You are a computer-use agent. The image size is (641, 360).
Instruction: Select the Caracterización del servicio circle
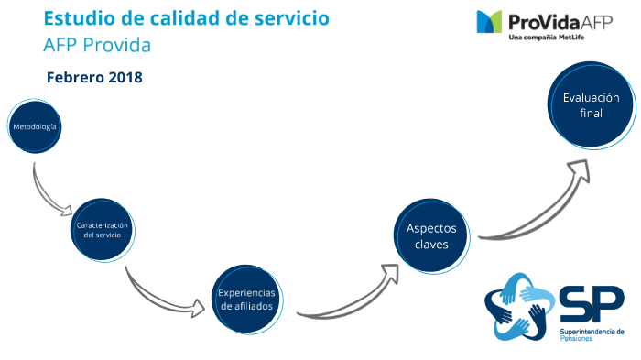[102, 229]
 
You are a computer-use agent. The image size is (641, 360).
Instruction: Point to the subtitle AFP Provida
[96, 44]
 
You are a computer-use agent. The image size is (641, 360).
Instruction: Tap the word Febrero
[75, 78]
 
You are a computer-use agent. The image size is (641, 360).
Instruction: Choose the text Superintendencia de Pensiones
[590, 333]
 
